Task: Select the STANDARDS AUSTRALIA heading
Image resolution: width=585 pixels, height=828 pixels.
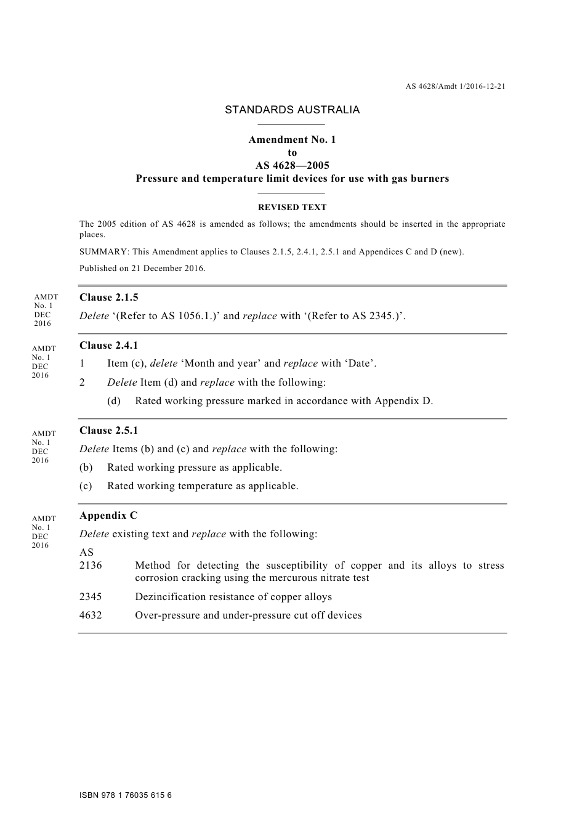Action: tap(292, 110)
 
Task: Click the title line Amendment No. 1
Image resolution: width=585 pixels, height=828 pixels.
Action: tap(292, 140)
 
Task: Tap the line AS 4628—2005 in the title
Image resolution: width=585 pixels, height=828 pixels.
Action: tap(292, 166)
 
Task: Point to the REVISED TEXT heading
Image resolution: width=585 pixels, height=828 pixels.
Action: tap(292, 208)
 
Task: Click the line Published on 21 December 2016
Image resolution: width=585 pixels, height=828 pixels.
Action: tap(142, 269)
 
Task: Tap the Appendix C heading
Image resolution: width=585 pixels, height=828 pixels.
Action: tap(108, 516)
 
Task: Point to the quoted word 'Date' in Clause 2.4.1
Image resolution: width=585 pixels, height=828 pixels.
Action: tap(360, 363)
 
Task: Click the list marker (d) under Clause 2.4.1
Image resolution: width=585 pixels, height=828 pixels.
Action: tap(114, 401)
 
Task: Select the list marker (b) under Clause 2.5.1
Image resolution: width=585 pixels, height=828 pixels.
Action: tap(86, 468)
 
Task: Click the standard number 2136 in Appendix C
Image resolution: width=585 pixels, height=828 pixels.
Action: tap(91, 566)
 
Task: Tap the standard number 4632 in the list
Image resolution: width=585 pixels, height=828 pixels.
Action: tap(91, 615)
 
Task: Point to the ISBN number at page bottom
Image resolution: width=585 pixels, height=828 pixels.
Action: tap(126, 795)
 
